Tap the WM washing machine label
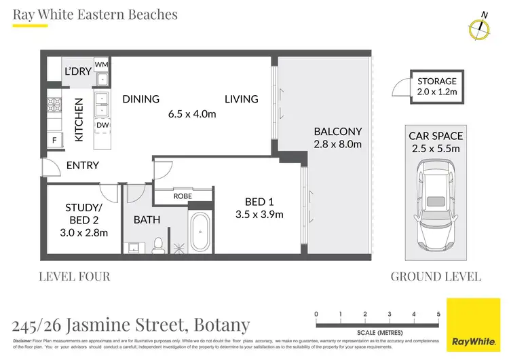coord(101,64)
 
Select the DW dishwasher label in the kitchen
coord(102,125)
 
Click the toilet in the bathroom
coord(157,244)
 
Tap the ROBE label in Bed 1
coord(183,196)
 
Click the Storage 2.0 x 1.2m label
coord(436,86)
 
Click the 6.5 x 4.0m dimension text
coord(192,114)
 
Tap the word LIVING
coord(242,98)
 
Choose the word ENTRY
coord(82,165)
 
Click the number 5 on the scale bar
coord(438,313)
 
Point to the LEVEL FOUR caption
coord(74,276)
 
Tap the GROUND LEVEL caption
coord(436,276)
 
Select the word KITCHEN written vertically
coord(79,120)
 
